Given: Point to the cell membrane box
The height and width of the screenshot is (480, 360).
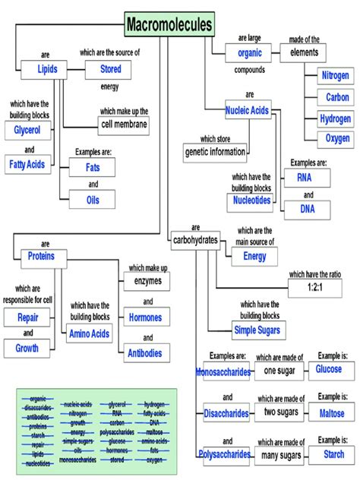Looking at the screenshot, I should pyautogui.click(x=124, y=124).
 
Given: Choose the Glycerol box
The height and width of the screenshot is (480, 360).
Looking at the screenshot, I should pyautogui.click(x=27, y=131).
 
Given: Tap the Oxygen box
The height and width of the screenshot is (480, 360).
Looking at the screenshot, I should pyautogui.click(x=337, y=138).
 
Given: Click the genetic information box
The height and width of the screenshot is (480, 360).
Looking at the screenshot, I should pyautogui.click(x=215, y=152).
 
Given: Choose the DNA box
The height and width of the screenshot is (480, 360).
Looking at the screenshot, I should pyautogui.click(x=307, y=209).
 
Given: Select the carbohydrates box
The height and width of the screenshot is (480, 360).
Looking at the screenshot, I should pyautogui.click(x=194, y=240).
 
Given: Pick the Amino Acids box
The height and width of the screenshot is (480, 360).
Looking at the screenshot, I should pyautogui.click(x=90, y=333).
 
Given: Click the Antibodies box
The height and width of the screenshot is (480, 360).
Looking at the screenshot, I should pyautogui.click(x=144, y=352).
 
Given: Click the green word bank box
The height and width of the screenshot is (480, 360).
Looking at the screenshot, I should pyautogui.click(x=96, y=429).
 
